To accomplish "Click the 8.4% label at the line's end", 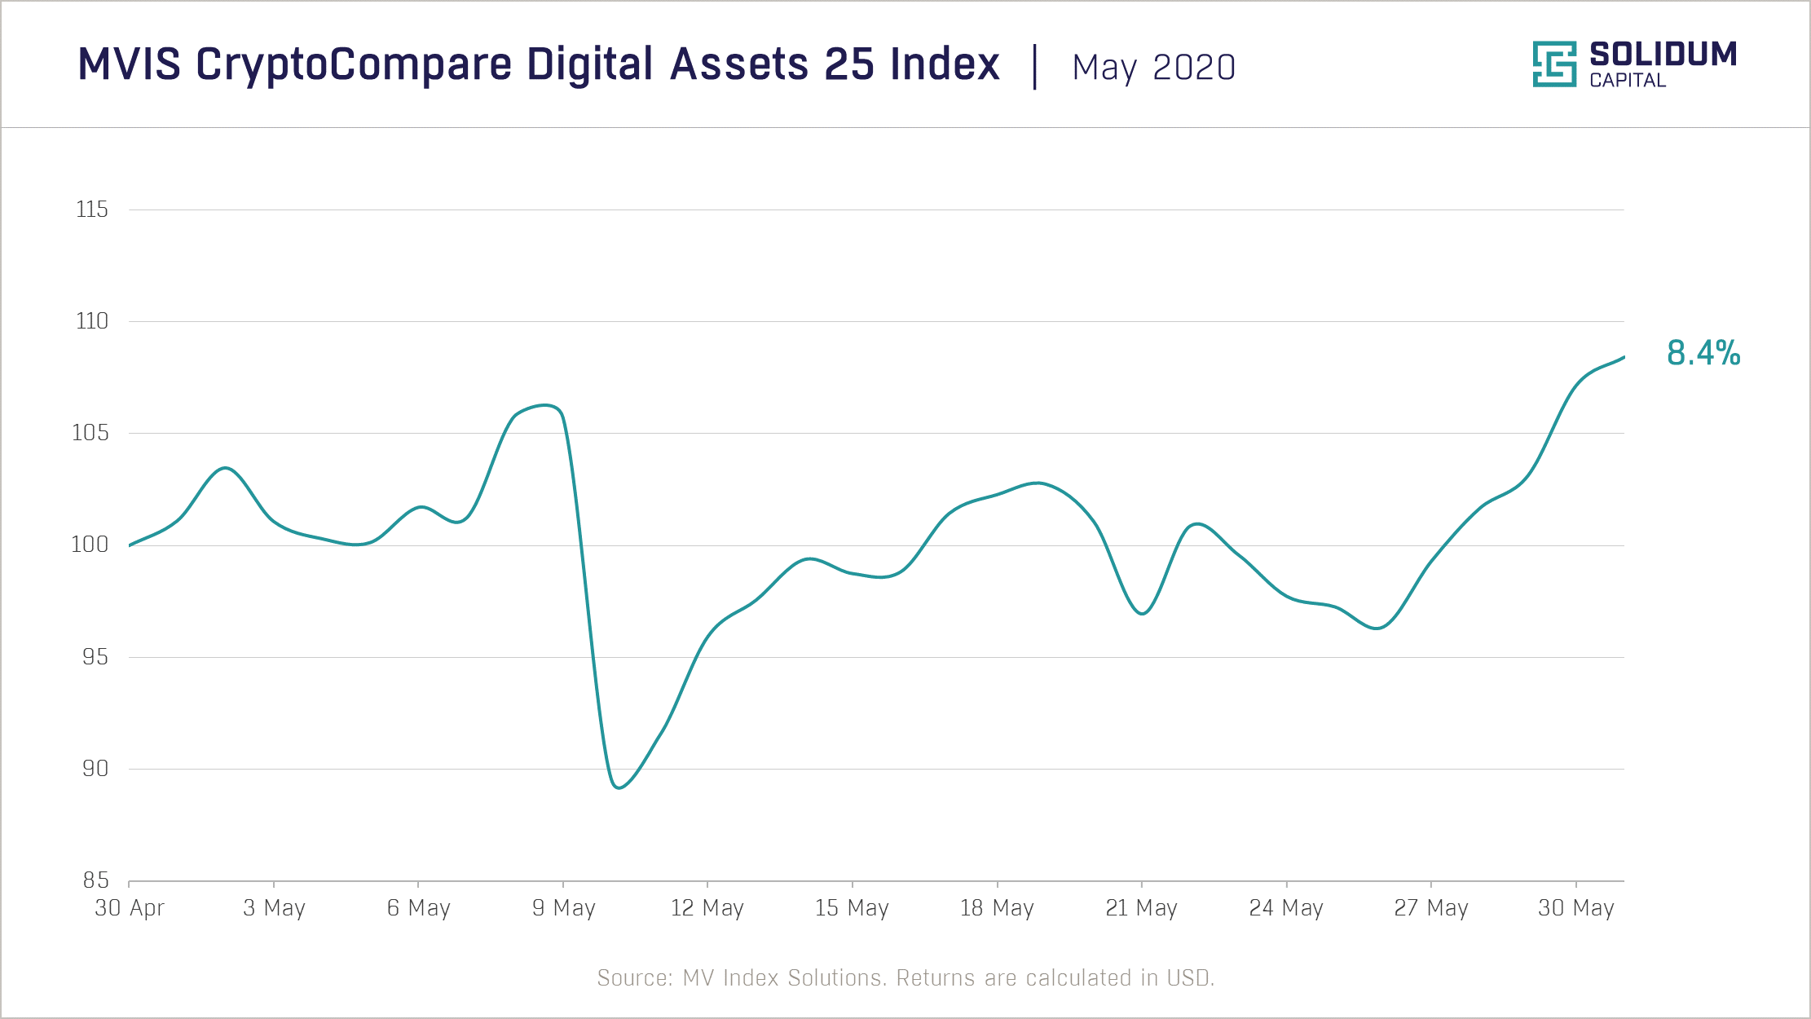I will (1703, 353).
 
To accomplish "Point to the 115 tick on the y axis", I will (91, 210).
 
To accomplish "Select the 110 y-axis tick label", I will (91, 321).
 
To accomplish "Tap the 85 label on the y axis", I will (95, 880).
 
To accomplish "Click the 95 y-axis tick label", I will (95, 656).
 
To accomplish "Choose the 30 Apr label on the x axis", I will (130, 907).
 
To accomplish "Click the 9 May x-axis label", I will (563, 907).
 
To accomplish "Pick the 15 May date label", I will (852, 907).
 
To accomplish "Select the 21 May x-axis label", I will (1141, 907).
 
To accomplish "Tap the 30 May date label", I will (1575, 907).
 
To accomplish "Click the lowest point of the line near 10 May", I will (619, 787).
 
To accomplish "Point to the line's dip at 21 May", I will (1142, 613).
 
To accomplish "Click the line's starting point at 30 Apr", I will (130, 545).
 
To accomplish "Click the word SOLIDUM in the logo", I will (1663, 55).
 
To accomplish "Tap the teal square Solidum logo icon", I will (1553, 64).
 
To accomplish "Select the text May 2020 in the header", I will (1153, 67).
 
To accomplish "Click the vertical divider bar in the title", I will (1035, 67).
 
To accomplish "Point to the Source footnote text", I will (905, 977).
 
